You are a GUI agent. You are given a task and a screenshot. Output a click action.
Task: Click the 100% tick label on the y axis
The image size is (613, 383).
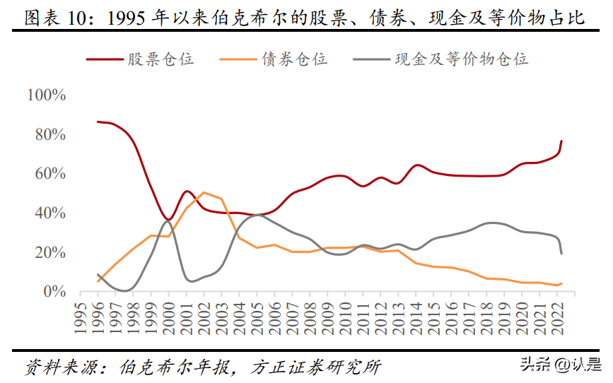[46, 95]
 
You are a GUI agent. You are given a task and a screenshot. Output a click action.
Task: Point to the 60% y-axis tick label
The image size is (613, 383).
[50, 174]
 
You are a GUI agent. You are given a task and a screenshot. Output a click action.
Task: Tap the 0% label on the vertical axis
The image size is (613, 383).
[54, 292]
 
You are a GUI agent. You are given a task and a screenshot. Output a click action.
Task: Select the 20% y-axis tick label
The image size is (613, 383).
[50, 253]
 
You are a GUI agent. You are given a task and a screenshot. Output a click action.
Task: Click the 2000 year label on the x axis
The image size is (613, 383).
[169, 318]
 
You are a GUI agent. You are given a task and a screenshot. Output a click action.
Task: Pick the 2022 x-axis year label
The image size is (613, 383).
[558, 318]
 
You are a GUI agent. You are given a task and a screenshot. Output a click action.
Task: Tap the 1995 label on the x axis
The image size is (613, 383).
[81, 318]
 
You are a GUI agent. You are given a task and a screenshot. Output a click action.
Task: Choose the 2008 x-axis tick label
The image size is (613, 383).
[310, 318]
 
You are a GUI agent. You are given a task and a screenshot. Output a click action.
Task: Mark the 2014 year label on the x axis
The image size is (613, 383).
[416, 318]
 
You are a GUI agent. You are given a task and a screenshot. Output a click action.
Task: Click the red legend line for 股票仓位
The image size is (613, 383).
[105, 59]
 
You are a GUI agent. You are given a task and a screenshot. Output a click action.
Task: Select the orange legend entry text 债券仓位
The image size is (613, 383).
[294, 59]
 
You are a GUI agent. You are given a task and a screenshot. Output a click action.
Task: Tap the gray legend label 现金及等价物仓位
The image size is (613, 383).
[461, 59]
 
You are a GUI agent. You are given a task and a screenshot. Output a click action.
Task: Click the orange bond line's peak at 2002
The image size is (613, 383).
[204, 192]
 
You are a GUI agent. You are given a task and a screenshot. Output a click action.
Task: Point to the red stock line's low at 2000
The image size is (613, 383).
[169, 219]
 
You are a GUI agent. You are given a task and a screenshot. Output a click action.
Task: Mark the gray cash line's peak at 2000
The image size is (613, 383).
[168, 221]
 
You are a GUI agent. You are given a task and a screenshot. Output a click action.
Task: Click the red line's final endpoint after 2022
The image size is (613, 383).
[562, 141]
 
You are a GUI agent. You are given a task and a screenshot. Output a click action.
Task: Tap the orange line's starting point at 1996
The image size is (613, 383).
[98, 281]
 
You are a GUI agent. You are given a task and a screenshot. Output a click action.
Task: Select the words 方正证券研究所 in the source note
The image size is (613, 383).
[316, 367]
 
